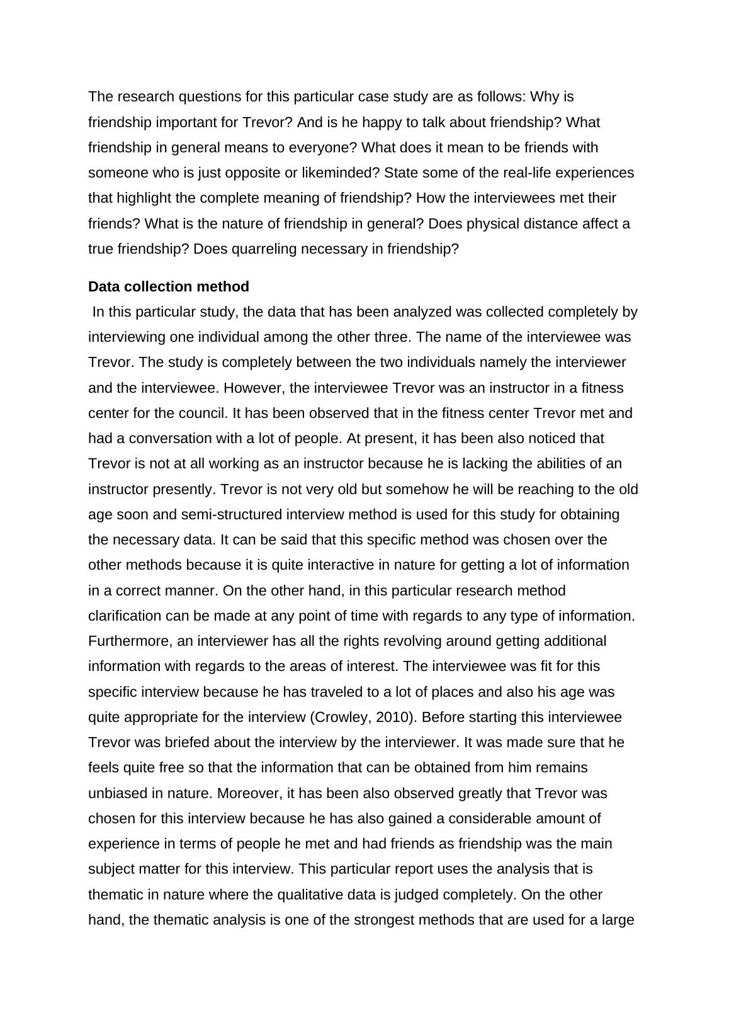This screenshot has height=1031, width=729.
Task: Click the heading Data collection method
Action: tap(168, 287)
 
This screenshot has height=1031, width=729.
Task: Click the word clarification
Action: tap(124, 616)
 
